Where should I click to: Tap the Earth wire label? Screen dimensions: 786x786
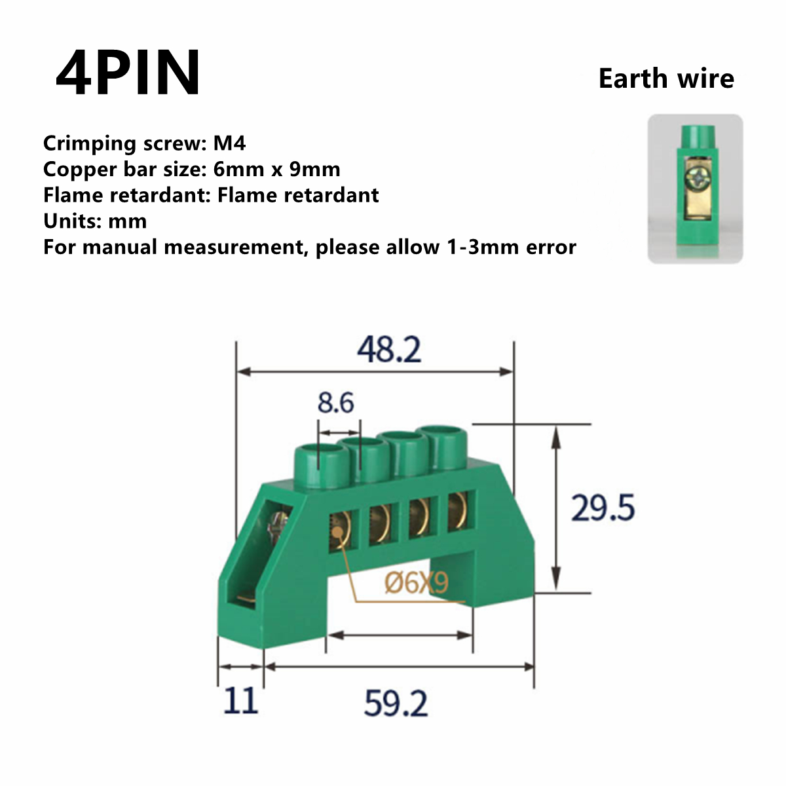(666, 79)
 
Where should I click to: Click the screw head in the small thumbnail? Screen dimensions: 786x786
(696, 176)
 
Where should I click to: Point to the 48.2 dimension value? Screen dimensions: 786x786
(389, 350)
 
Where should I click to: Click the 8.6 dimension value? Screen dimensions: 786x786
(335, 402)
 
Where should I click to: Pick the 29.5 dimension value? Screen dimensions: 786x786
(603, 508)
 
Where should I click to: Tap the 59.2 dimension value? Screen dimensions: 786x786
(396, 704)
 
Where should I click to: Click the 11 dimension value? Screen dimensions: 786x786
(240, 702)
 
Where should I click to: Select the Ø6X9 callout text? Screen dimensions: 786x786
(417, 582)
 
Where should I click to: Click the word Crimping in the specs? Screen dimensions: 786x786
(90, 143)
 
